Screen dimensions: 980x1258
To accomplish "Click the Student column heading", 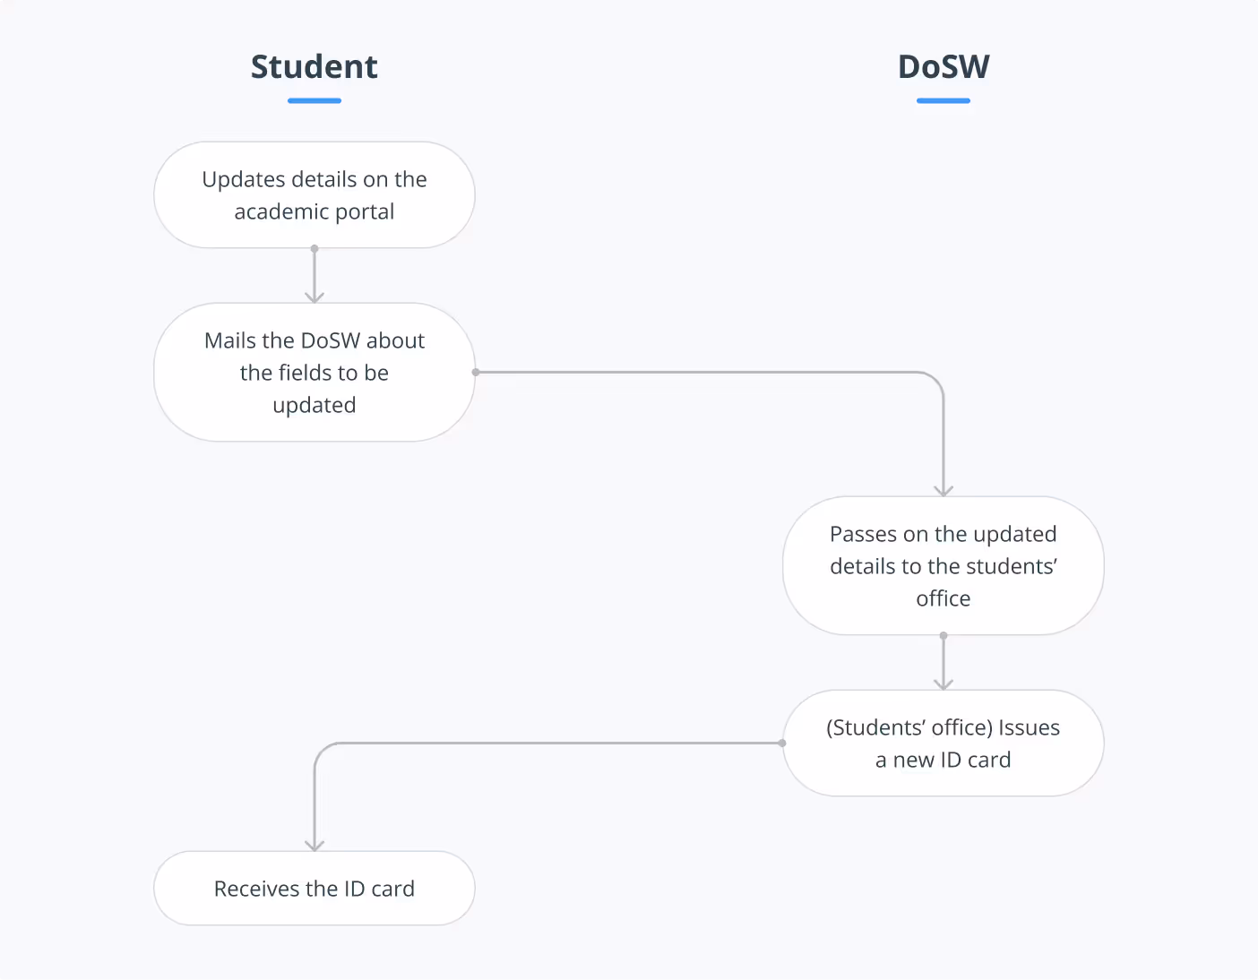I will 314,67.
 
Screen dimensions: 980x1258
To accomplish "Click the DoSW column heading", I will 943,67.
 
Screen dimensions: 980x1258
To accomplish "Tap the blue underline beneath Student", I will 314,101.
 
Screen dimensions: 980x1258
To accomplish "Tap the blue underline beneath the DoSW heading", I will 943,101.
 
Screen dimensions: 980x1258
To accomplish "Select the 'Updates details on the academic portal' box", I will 314,194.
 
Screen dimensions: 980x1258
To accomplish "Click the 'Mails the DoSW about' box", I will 314,372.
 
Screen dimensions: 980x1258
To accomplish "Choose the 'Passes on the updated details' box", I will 943,565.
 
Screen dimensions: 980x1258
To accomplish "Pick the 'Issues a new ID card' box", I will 943,743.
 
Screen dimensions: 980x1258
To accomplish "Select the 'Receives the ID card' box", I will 314,888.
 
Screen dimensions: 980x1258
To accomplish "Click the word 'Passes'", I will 863,534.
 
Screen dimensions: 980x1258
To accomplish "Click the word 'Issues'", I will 1029,727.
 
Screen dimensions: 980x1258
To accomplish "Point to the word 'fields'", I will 305,373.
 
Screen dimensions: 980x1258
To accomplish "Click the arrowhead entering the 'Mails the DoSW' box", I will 314,297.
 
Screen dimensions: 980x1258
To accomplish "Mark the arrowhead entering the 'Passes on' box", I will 943,490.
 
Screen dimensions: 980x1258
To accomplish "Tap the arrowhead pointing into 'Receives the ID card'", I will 314,845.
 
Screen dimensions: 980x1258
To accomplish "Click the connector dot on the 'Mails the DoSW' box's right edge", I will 476,372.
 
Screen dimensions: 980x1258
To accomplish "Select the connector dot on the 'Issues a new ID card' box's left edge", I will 782,743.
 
